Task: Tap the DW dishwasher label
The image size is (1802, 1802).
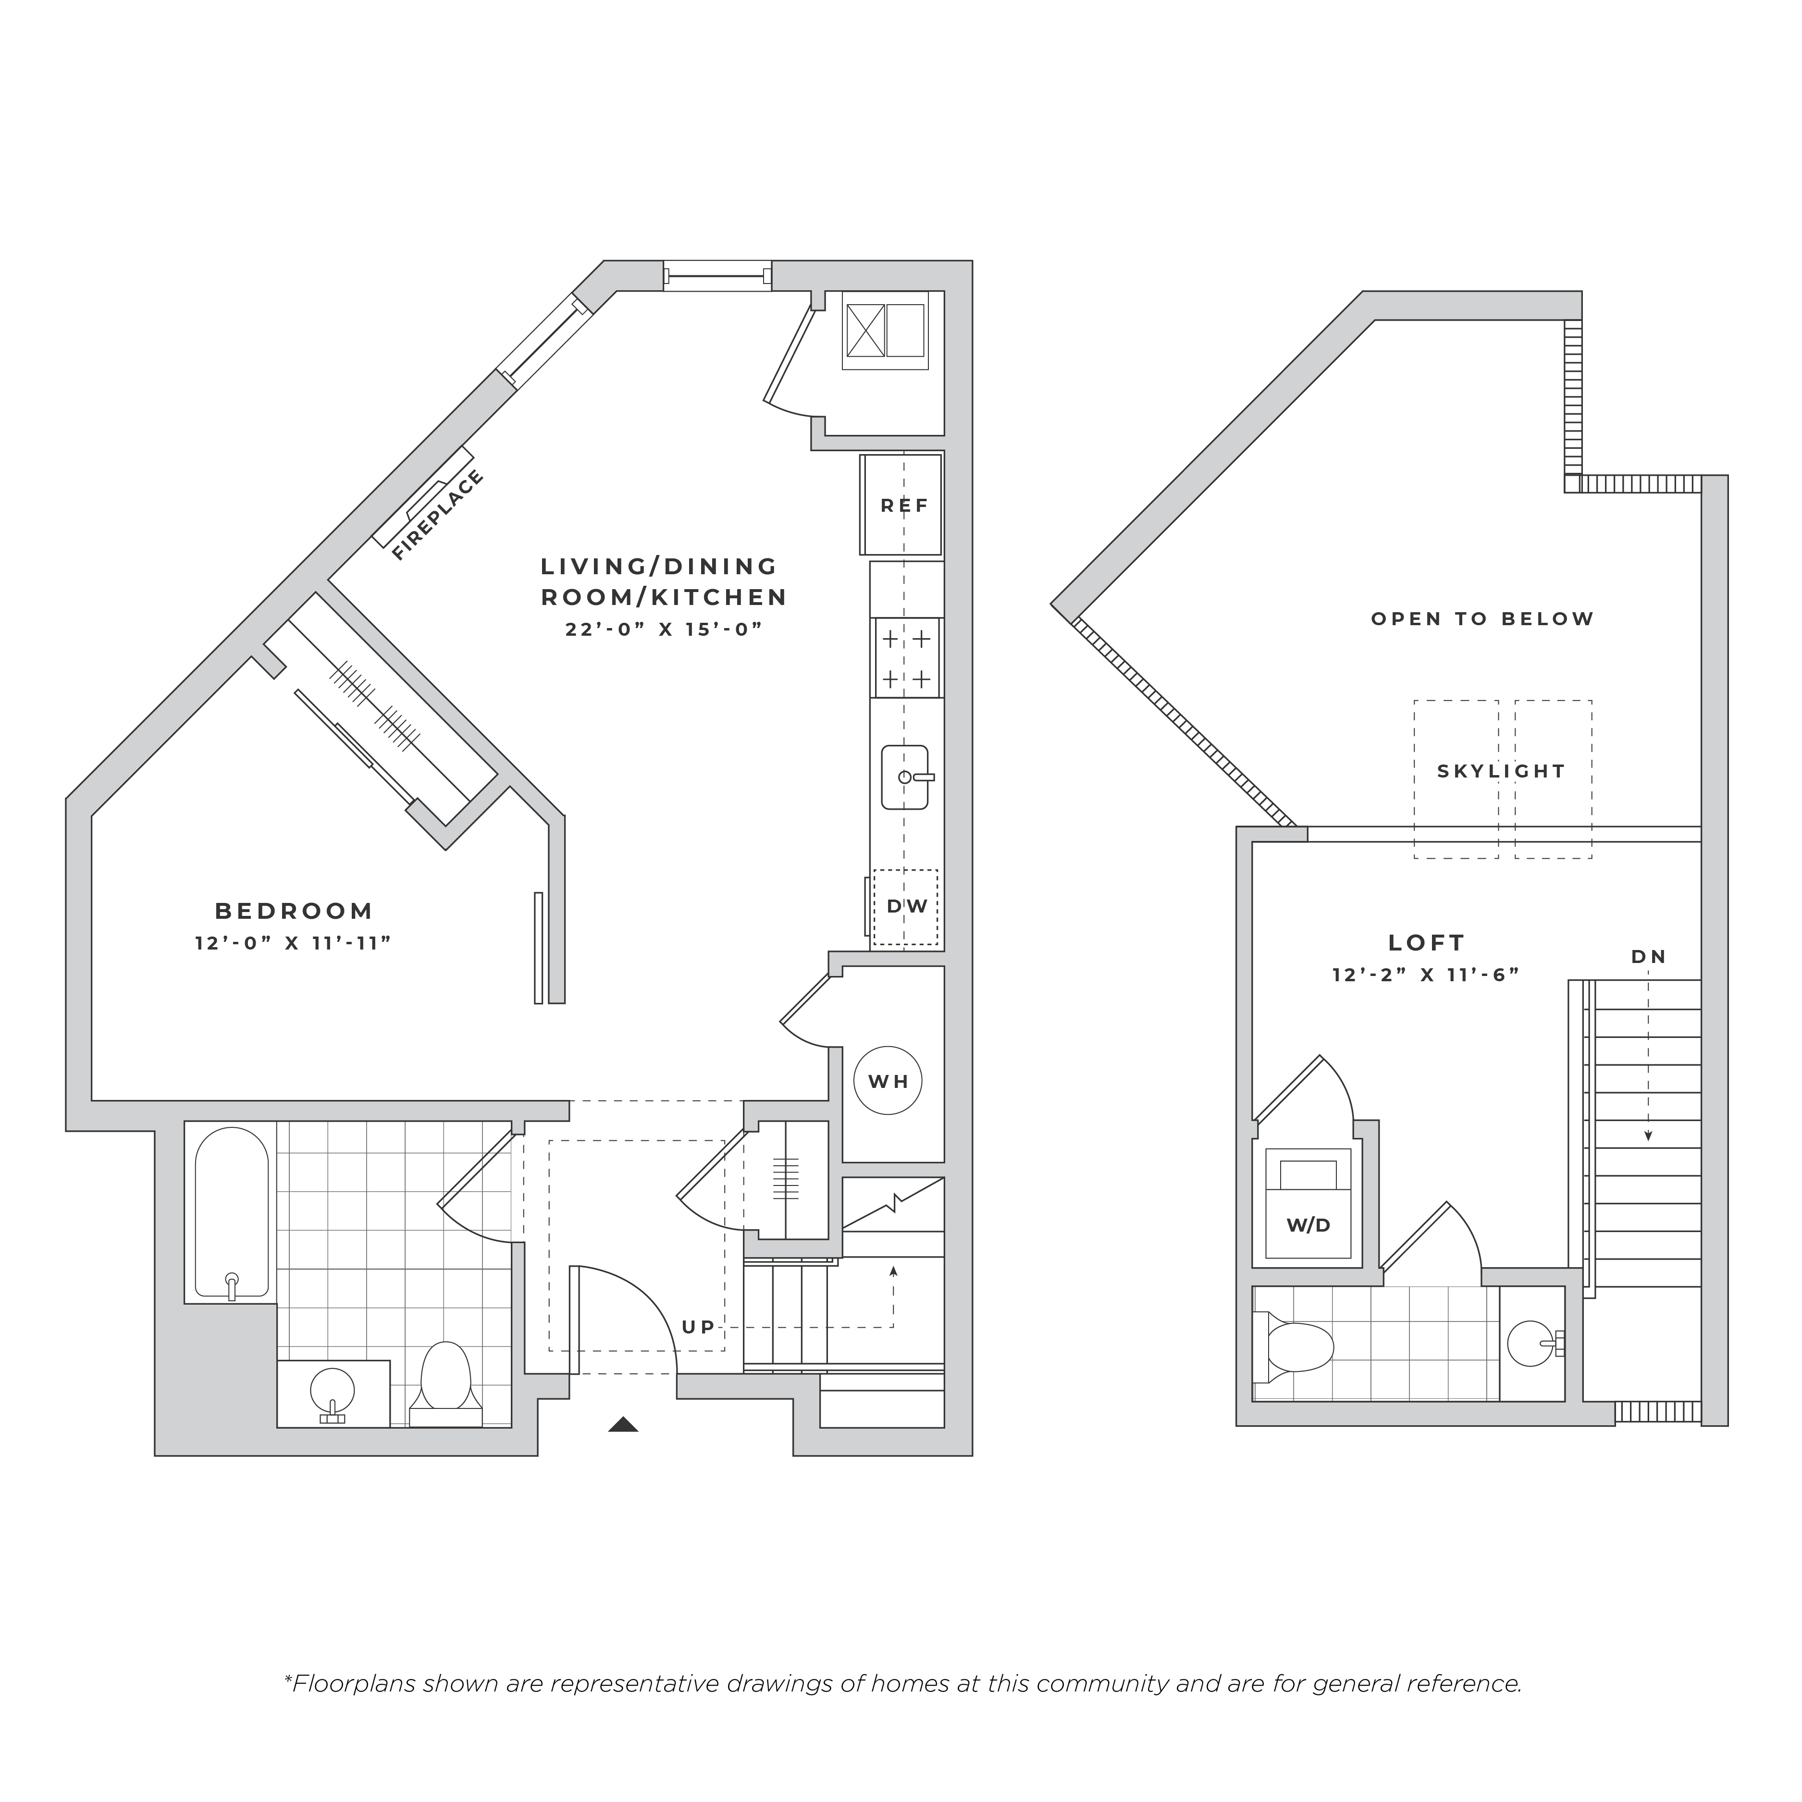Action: pyautogui.click(x=907, y=906)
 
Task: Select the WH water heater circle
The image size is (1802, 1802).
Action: pyautogui.click(x=888, y=1081)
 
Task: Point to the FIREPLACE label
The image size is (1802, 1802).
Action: pyautogui.click(x=437, y=515)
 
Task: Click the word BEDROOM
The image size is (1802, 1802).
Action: pyautogui.click(x=294, y=910)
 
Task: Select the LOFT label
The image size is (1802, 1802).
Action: pyautogui.click(x=1426, y=943)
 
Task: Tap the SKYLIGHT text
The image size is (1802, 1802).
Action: pyautogui.click(x=1501, y=771)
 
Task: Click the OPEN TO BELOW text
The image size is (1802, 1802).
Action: pyautogui.click(x=1482, y=618)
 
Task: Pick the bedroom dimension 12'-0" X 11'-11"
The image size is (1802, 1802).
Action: pyautogui.click(x=293, y=943)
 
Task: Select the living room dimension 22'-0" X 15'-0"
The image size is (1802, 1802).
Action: pyautogui.click(x=664, y=629)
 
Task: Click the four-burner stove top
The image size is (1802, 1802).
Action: pyautogui.click(x=906, y=657)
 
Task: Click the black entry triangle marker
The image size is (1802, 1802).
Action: pyautogui.click(x=623, y=1424)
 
